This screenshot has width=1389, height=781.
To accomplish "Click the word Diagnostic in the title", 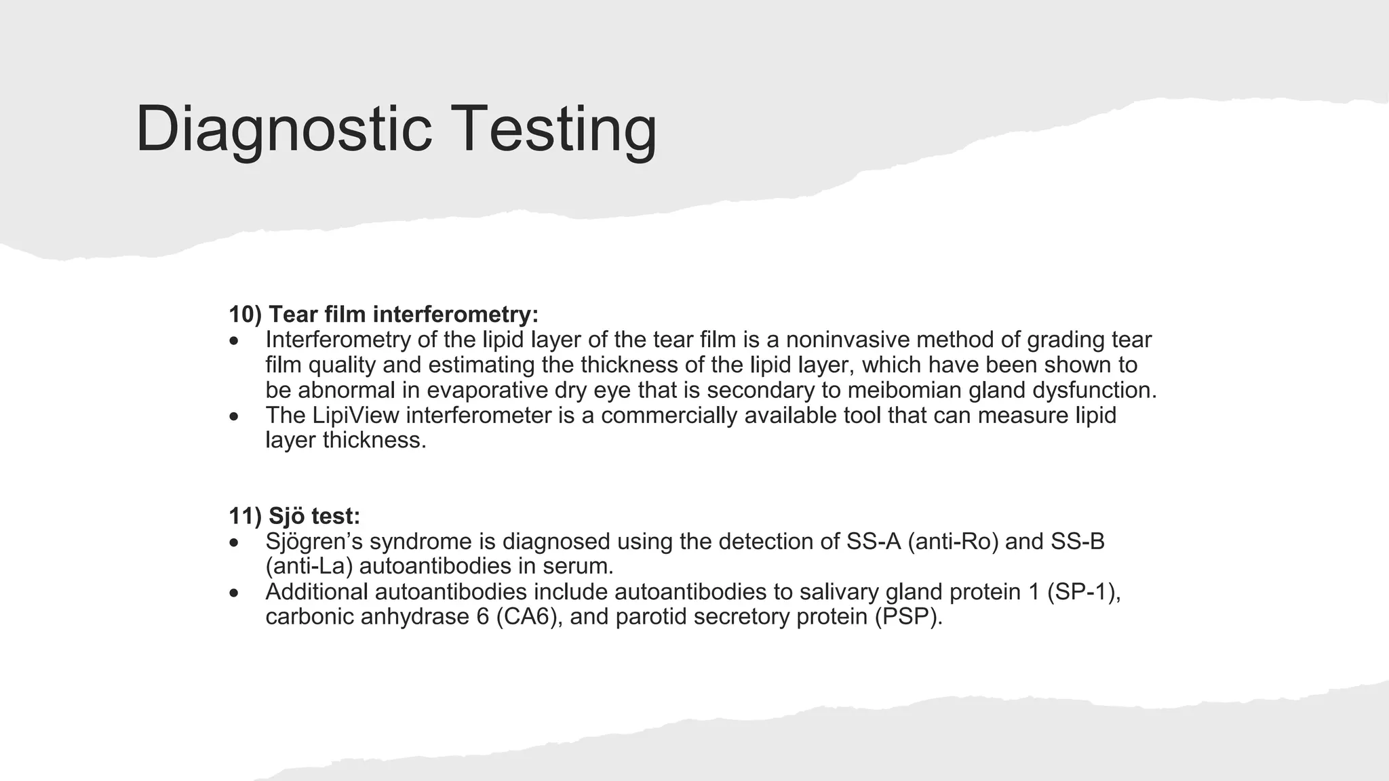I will (283, 129).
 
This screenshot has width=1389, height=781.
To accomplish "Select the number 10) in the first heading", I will (245, 315).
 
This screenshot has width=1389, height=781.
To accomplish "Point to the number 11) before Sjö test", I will (245, 517).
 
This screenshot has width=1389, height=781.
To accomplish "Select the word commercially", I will (669, 416).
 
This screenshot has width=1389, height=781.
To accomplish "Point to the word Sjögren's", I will (314, 542).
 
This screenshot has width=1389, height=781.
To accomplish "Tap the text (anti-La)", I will (309, 567).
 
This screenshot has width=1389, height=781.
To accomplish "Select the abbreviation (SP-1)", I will (1082, 592).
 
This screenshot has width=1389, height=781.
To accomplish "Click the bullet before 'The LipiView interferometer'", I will (234, 416).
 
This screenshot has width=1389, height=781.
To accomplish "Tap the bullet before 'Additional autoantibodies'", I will (234, 593).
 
